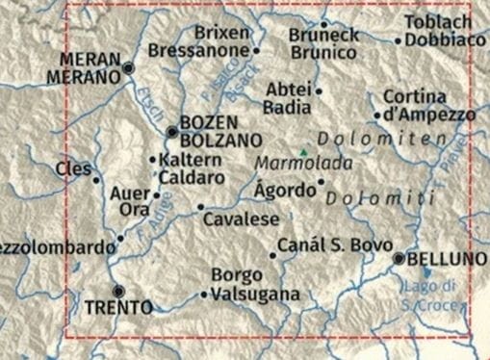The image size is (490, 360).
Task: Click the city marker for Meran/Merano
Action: pyautogui.click(x=129, y=68)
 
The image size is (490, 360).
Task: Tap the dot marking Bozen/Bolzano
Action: pyautogui.click(x=171, y=132)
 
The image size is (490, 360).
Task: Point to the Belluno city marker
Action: pyautogui.click(x=399, y=259)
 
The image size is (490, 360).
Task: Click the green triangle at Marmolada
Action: pyautogui.click(x=304, y=152)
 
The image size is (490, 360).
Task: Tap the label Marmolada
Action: pyautogui.click(x=291, y=164)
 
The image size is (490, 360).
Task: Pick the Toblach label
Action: pyautogui.click(x=438, y=22)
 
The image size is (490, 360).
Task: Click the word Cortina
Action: pyautogui.click(x=415, y=97)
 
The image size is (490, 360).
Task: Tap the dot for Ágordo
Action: pyautogui.click(x=321, y=181)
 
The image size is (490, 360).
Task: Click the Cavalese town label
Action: pyautogui.click(x=242, y=219)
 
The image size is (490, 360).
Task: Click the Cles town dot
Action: pyautogui.click(x=95, y=178)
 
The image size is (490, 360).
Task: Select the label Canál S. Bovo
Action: pyautogui.click(x=335, y=246)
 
